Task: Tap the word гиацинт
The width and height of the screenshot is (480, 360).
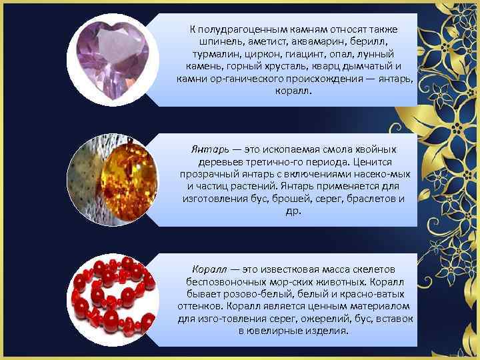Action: coord(308,53)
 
